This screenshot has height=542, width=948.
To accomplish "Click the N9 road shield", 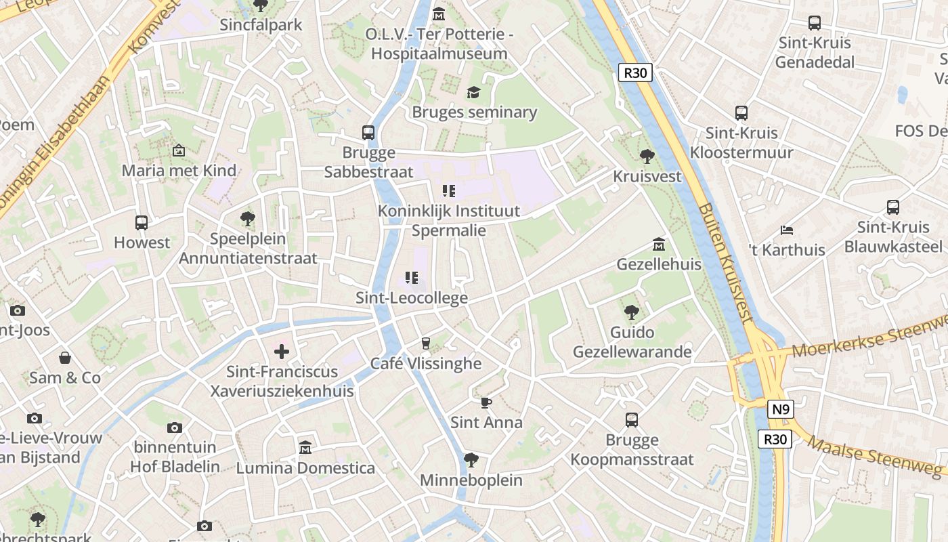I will tap(781, 409).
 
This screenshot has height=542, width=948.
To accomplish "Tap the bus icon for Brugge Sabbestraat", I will tap(368, 132).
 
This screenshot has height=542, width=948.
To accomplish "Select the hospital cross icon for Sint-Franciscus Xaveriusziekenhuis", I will tap(282, 351).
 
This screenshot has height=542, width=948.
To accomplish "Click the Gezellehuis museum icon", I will tap(659, 244).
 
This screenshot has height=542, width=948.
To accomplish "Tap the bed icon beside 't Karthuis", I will tap(786, 230).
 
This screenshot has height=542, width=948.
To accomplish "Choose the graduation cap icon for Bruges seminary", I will tap(473, 92).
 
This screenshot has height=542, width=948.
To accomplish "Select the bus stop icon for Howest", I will tap(142, 222).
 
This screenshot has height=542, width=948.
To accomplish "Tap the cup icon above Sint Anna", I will tap(486, 402).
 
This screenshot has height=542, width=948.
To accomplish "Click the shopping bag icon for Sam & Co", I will tap(65, 358).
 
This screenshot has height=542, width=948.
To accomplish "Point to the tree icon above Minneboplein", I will tap(471, 460).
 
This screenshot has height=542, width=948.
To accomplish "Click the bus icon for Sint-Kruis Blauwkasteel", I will tap(893, 207).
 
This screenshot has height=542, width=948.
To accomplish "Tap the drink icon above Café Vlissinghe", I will tap(425, 343).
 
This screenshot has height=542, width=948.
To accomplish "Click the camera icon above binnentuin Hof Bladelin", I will tap(175, 428).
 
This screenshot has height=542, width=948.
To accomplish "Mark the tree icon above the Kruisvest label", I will tap(647, 157).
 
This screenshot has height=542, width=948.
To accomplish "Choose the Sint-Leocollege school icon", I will tap(411, 278).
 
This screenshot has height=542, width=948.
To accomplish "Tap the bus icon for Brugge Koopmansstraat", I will tap(632, 420).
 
